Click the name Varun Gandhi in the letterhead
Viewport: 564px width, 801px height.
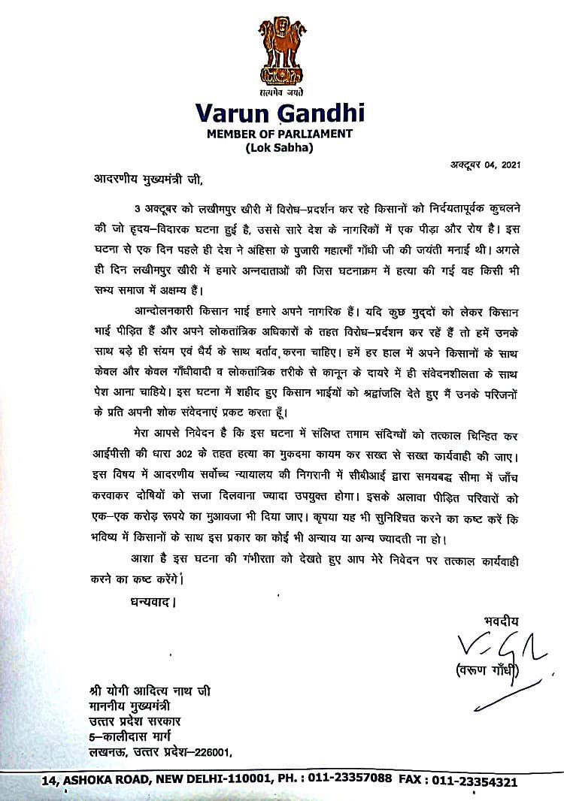point(280,113)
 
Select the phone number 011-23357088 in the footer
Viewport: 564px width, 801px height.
point(353,781)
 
